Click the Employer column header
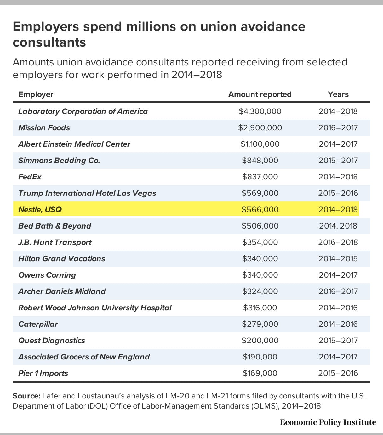pyautogui.click(x=36, y=94)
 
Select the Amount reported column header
pyautogui.click(x=260, y=94)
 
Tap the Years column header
pyautogui.click(x=338, y=94)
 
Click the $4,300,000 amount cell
pyautogui.click(x=260, y=111)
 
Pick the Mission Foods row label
pyautogui.click(x=44, y=128)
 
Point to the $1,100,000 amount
pyautogui.click(x=260, y=144)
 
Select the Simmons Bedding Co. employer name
pyautogui.click(x=59, y=161)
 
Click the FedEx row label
pyautogui.click(x=30, y=177)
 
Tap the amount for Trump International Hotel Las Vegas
pyautogui.click(x=260, y=193)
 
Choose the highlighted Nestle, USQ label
pyautogui.click(x=40, y=210)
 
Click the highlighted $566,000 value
pyautogui.click(x=260, y=210)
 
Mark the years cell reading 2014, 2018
pyautogui.click(x=338, y=226)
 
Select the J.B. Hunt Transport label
pyautogui.click(x=55, y=242)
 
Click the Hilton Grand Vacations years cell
pyautogui.click(x=338, y=259)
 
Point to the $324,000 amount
pyautogui.click(x=260, y=291)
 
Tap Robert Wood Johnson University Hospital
pyautogui.click(x=95, y=308)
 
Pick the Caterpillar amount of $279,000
pyautogui.click(x=260, y=324)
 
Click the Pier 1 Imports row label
pyautogui.click(x=43, y=373)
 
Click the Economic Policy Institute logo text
pyautogui.click(x=328, y=422)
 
